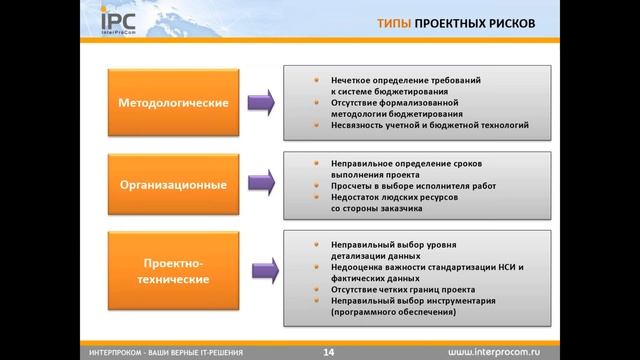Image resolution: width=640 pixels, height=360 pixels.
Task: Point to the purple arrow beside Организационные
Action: (261, 185)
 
